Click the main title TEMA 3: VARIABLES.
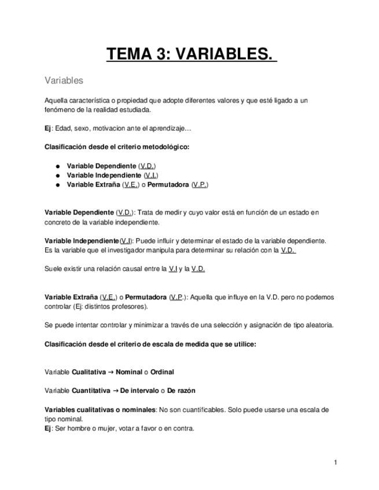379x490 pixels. point(190,54)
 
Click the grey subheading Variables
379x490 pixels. point(64,80)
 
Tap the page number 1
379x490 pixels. point(336,462)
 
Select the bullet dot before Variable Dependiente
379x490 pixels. point(58,166)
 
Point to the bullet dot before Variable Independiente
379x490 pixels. point(58,176)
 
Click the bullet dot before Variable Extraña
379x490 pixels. point(58,185)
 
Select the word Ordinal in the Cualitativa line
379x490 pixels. point(162,372)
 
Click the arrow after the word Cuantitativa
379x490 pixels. point(115,391)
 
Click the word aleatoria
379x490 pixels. point(319,325)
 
